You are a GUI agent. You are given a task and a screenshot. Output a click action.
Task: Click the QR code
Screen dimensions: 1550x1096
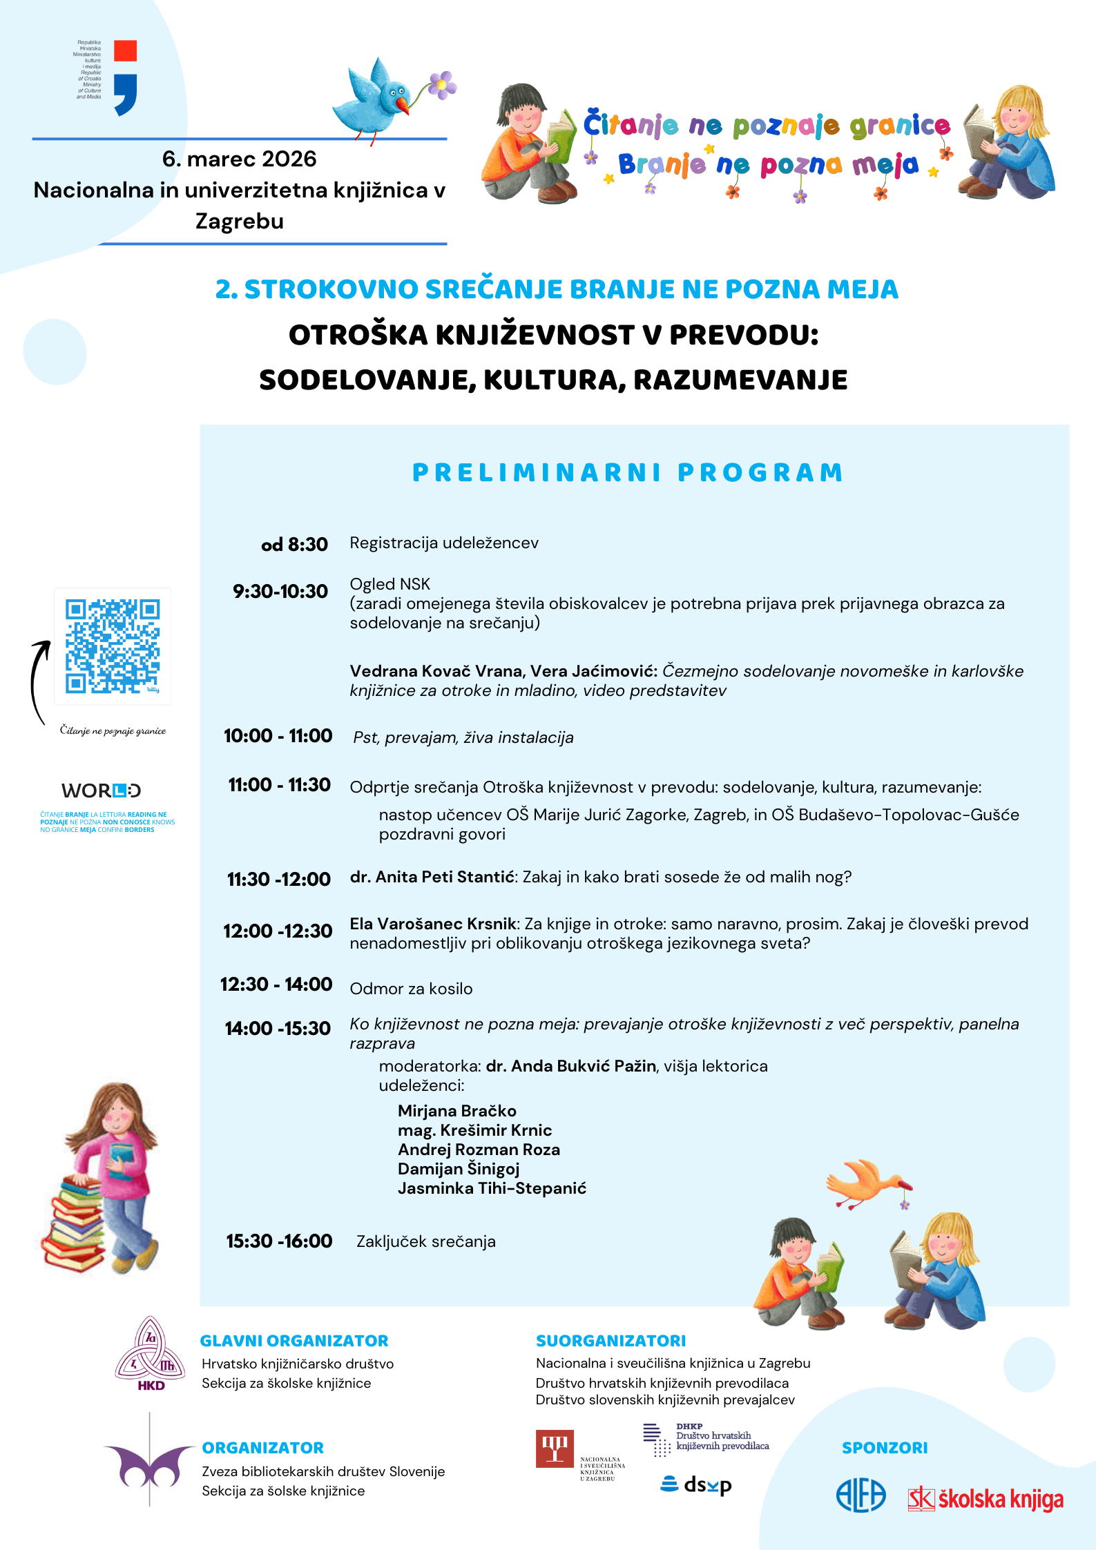[113, 646]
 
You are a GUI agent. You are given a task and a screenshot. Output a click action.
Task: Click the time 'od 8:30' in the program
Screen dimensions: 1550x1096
[294, 545]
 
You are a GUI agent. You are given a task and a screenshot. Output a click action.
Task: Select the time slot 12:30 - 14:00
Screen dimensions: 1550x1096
[276, 984]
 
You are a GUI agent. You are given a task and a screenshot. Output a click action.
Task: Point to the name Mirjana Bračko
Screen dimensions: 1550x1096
[457, 1111]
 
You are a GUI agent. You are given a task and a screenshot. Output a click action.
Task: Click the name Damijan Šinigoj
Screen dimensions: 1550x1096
[459, 1169]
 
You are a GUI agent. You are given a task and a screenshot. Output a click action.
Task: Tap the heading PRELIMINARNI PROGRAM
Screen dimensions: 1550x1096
[628, 473]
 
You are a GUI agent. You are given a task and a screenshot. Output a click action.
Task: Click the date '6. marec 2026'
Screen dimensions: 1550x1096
[239, 159]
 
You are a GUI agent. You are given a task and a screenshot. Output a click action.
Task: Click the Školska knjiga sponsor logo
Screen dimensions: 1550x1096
[986, 1499]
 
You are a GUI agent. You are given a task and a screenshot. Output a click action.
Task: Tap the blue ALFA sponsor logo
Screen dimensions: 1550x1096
[861, 1496]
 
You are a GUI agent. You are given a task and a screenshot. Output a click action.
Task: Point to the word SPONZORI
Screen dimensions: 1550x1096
[885, 1448]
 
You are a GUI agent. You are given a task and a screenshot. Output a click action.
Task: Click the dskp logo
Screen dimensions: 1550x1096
[697, 1484]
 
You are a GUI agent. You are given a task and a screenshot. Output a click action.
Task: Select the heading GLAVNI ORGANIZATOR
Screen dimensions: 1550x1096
[294, 1341]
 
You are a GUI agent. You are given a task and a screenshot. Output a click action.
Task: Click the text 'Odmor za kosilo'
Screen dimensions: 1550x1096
[411, 989]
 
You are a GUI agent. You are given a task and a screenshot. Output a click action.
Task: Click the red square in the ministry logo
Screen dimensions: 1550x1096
[125, 51]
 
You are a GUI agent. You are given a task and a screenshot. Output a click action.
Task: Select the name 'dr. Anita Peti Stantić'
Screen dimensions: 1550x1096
[432, 877]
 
